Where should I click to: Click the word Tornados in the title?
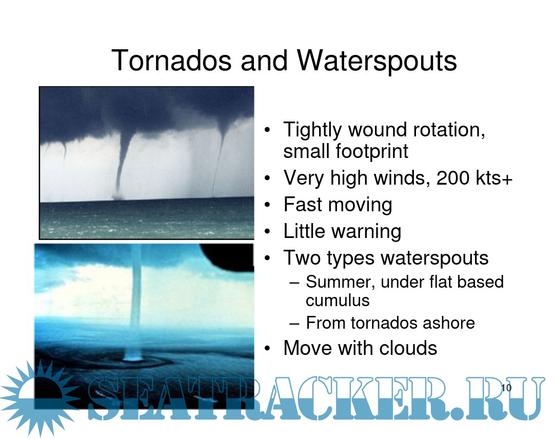[x=171, y=61]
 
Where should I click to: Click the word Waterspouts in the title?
[x=377, y=61]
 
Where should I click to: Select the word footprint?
[x=372, y=152]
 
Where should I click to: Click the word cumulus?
[x=338, y=301]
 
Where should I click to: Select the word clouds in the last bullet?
[x=408, y=348]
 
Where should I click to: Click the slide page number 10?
[x=506, y=388]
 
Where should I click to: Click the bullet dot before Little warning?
[x=267, y=232]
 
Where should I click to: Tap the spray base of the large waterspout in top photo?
[x=117, y=196]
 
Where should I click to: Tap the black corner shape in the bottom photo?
[x=230, y=256]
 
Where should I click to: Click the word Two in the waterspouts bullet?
[x=302, y=258]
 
